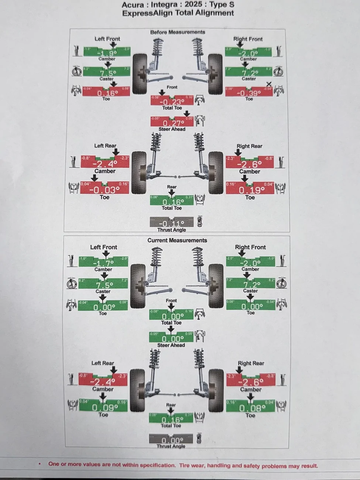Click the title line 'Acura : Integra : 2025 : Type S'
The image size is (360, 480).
(x=178, y=5)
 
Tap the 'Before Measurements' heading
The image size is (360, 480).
(x=178, y=32)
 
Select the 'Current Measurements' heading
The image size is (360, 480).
(x=177, y=240)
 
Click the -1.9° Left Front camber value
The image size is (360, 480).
(x=107, y=52)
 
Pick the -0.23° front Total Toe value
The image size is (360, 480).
(x=172, y=102)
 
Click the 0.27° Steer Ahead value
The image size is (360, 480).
(x=172, y=123)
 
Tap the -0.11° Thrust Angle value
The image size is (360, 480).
(x=171, y=223)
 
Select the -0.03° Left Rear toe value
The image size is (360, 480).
(x=104, y=190)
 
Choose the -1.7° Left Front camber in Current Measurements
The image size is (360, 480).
(x=103, y=263)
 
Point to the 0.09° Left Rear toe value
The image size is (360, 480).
(x=103, y=408)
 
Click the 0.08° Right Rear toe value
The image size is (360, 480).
(x=250, y=408)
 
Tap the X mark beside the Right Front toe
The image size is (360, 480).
(x=269, y=85)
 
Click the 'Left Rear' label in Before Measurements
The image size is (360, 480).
(x=105, y=145)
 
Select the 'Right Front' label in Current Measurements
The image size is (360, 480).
(x=250, y=247)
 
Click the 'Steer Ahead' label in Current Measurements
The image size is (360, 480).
(x=171, y=345)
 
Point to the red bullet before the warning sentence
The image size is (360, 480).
(x=40, y=464)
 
